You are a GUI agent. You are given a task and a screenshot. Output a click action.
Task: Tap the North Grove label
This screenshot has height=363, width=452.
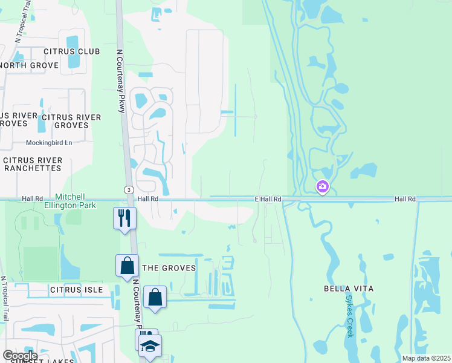pos(28,65)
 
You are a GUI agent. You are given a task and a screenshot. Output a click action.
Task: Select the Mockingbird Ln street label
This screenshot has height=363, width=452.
pos(49,143)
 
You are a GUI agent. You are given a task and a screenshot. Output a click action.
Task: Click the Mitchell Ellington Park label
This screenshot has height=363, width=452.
pos(76,201)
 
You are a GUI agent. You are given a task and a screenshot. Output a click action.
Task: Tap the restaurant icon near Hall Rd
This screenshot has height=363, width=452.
pos(124,218)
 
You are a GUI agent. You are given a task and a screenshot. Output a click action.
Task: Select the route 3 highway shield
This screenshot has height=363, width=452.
pos(129,189)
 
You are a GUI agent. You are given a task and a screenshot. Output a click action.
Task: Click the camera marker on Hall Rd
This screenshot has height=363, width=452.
pos(323,186)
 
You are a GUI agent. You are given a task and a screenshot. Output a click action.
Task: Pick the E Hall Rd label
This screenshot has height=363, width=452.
pos(268,199)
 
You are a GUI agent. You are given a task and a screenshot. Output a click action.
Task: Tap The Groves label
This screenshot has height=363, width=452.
pos(169,268)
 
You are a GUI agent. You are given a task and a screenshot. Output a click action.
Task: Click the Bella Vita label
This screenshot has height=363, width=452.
pos(349,289)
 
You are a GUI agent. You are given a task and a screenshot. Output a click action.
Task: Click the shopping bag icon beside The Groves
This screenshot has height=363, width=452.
pos(127,265)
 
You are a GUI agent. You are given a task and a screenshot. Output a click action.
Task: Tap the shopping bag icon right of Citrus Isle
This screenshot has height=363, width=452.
pos(155,296)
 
